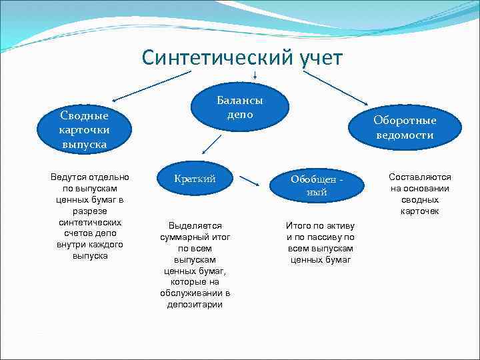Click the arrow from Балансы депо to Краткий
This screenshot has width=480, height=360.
tap(212, 143)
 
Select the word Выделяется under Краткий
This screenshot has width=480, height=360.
tap(195, 225)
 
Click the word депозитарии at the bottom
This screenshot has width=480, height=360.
tap(195, 305)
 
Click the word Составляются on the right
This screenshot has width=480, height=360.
tap(420, 177)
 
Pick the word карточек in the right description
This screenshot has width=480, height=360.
tap(420, 211)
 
